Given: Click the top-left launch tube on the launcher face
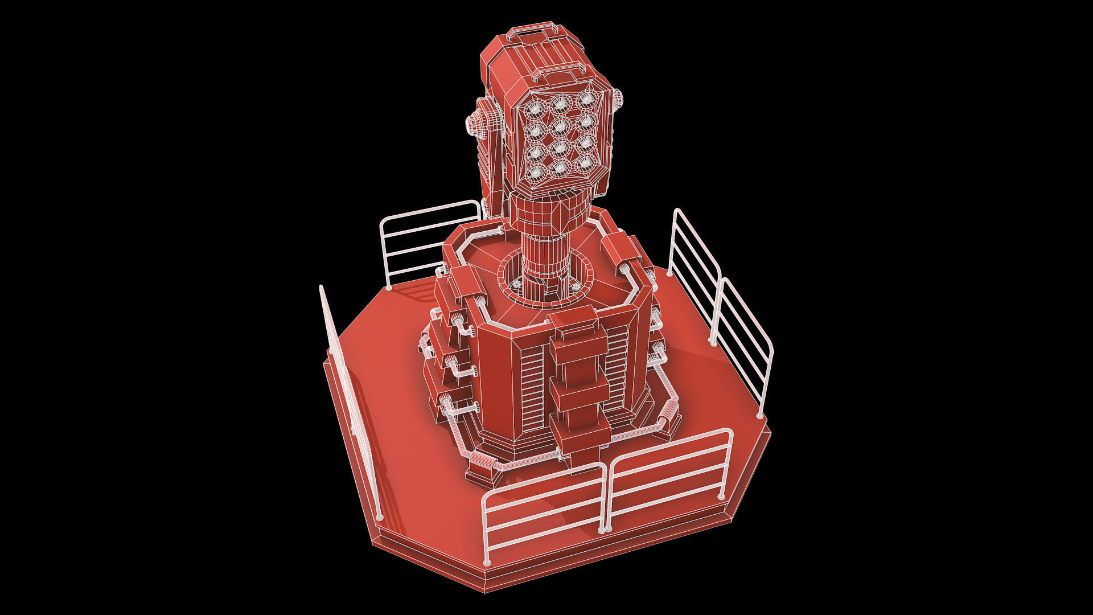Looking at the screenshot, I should click(x=535, y=107).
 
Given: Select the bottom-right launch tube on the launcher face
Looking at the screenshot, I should click(x=585, y=164).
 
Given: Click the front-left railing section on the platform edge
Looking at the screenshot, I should click(x=544, y=507).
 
